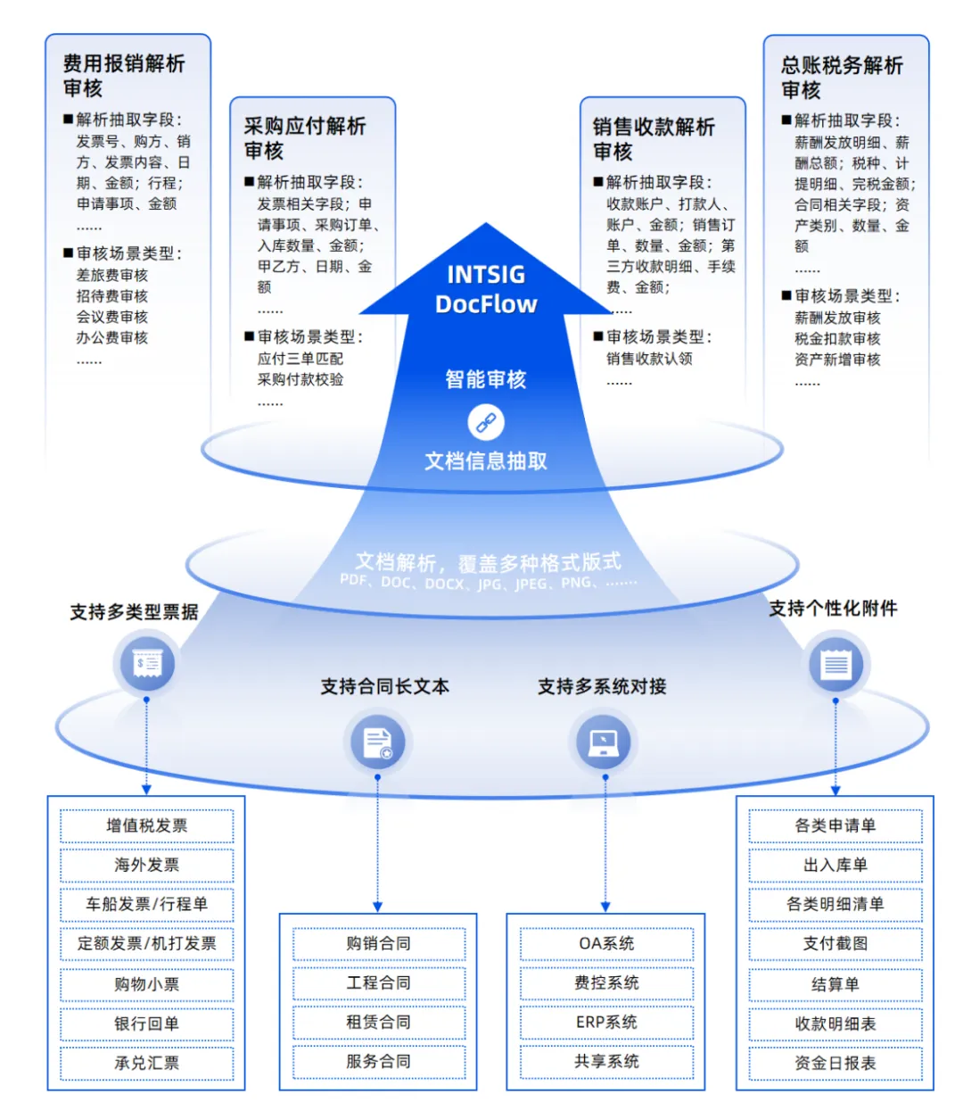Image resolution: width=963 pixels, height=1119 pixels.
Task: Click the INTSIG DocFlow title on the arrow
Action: (x=486, y=289)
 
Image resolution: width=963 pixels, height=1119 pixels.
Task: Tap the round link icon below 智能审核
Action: (x=486, y=422)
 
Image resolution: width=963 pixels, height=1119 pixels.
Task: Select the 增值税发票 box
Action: (x=146, y=825)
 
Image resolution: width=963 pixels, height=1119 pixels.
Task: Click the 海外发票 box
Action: (x=146, y=865)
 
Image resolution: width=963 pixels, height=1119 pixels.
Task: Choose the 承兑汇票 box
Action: (x=146, y=1063)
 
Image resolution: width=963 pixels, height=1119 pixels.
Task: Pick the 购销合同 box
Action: (x=378, y=943)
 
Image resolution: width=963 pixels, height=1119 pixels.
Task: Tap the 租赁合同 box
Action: (x=378, y=1022)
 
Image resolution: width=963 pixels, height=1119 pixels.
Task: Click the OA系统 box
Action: (x=606, y=943)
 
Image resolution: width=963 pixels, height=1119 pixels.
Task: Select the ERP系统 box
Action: (x=606, y=1022)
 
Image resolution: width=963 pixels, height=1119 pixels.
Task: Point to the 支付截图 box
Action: (x=835, y=943)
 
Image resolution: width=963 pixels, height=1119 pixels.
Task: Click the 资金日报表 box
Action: (x=835, y=1063)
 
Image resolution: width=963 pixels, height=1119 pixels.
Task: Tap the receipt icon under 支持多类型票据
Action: (x=147, y=664)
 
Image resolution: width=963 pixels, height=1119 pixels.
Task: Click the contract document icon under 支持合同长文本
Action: (x=377, y=742)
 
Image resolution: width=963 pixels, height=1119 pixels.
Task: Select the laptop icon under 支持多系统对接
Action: (x=604, y=742)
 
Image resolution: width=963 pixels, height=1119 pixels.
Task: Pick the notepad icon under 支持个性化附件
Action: (x=835, y=664)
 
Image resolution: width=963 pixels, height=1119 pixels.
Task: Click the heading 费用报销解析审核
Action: (x=124, y=76)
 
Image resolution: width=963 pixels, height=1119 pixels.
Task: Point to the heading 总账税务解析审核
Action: (x=842, y=78)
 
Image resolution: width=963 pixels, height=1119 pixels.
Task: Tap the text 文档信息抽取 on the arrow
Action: (x=486, y=461)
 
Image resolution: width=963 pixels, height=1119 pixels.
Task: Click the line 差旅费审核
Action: (x=112, y=275)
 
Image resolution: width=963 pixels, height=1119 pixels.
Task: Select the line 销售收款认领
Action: (x=649, y=359)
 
